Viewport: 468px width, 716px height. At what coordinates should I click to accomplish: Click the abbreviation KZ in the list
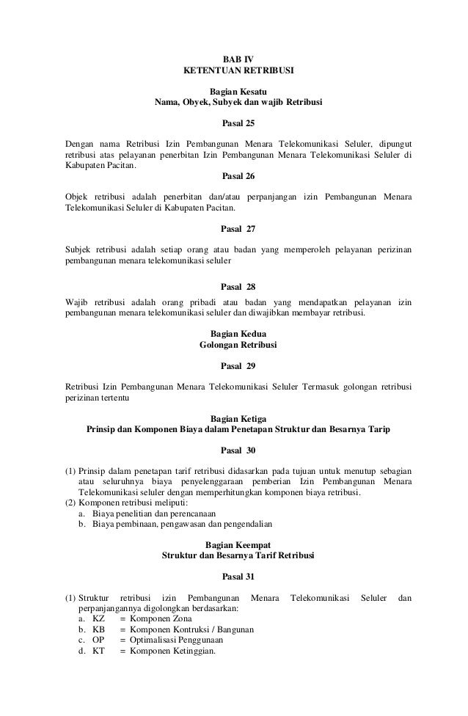pos(100,620)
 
